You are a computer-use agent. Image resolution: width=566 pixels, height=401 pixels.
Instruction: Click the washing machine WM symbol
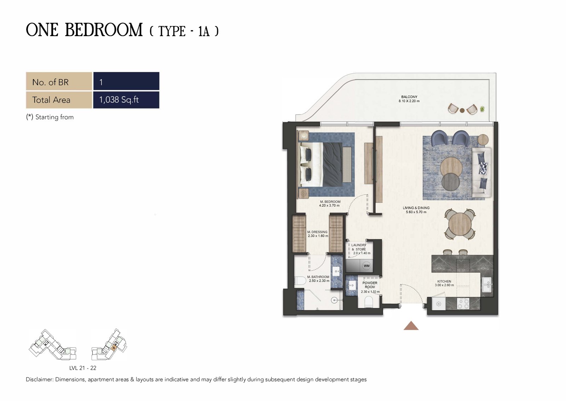click(366, 266)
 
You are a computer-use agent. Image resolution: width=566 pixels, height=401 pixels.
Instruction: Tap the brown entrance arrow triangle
click(411, 326)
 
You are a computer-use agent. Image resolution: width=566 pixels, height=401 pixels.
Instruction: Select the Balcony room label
click(409, 99)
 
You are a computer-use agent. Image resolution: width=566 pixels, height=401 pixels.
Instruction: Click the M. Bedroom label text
click(330, 204)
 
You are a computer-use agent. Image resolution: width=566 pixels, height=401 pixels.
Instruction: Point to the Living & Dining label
click(416, 210)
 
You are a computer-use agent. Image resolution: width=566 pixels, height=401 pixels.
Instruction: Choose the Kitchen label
click(444, 283)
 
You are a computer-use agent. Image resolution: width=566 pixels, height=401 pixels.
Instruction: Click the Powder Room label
click(370, 287)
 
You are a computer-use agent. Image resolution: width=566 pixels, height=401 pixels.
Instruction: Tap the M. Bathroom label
click(318, 279)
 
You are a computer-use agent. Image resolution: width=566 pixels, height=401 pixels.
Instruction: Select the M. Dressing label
click(318, 234)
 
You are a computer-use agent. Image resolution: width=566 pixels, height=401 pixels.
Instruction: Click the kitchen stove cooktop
click(463, 304)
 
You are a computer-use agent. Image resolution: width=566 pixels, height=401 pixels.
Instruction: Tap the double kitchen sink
click(487, 285)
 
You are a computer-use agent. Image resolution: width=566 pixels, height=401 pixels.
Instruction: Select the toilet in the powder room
click(369, 302)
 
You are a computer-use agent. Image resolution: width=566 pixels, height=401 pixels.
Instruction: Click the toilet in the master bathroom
click(300, 281)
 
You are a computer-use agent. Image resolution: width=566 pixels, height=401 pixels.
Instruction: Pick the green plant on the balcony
click(483, 109)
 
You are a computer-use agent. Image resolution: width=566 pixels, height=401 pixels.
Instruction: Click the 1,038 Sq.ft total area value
click(119, 100)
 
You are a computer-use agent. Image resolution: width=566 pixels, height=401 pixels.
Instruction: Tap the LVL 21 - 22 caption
click(83, 368)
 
